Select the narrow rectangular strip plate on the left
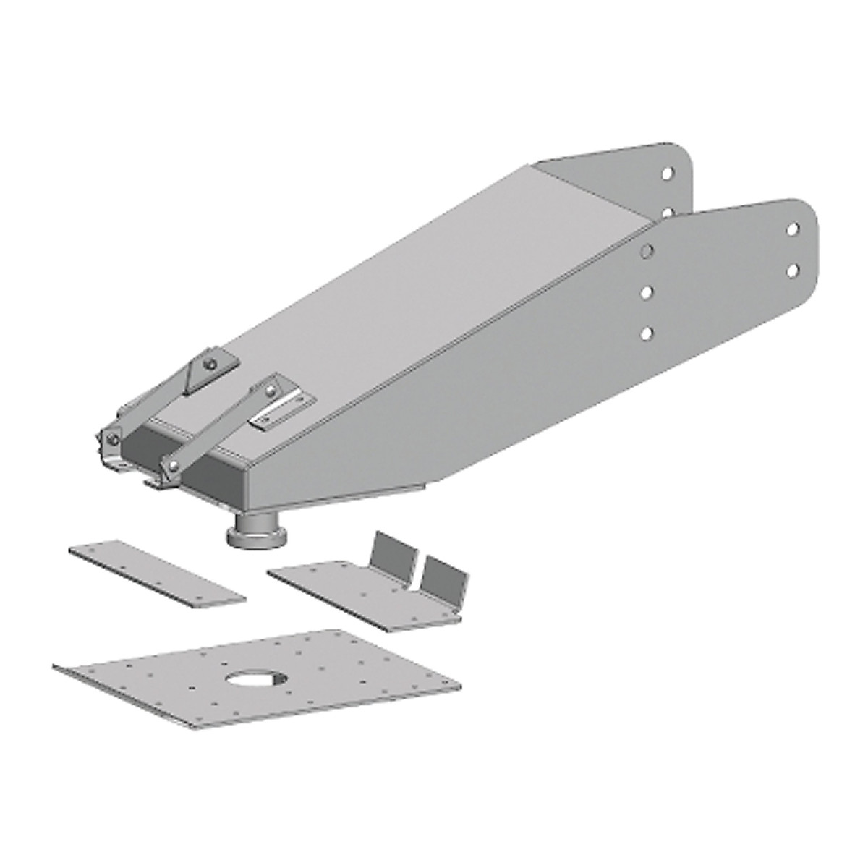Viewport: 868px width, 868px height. point(157,571)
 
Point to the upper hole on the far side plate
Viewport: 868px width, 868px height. point(669,174)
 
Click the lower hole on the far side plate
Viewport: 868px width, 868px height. point(669,213)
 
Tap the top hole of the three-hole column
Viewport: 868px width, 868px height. point(647,250)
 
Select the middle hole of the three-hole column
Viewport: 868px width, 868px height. point(647,292)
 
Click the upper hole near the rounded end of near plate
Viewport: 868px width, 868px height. point(793,229)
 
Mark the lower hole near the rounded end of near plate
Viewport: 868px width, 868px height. point(793,270)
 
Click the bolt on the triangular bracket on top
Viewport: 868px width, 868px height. point(210,364)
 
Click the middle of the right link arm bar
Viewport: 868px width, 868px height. point(221,428)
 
